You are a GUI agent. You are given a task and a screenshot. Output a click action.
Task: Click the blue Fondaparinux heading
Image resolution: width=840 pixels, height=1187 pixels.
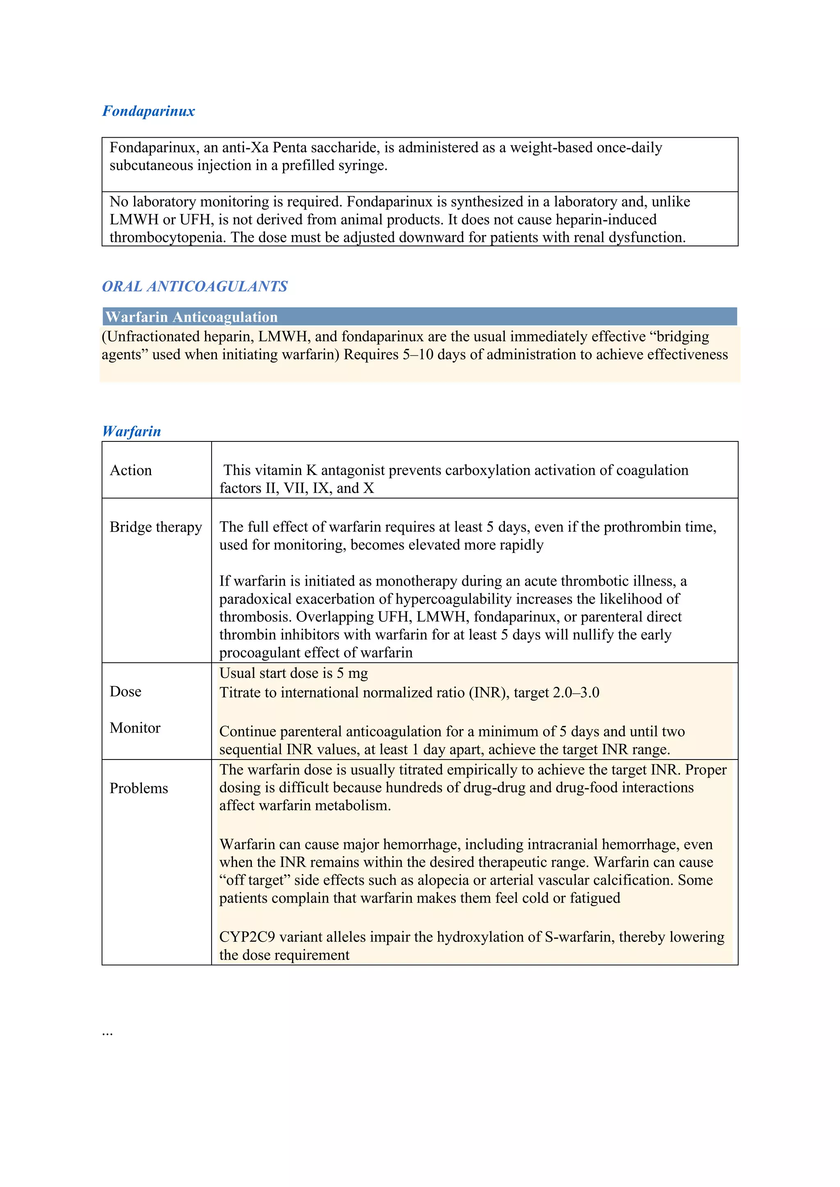tap(148, 111)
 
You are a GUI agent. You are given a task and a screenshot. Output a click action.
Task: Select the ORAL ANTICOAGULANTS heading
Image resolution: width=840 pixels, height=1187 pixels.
tap(194, 287)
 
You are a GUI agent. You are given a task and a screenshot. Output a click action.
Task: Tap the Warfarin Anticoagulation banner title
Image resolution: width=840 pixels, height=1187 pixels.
tap(192, 317)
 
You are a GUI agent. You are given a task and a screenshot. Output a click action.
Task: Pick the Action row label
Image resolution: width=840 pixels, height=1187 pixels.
tap(131, 471)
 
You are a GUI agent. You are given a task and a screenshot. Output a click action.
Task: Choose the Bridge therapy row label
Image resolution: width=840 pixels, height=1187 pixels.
tap(156, 527)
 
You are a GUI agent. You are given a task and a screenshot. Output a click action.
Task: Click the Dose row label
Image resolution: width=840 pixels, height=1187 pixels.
tap(125, 692)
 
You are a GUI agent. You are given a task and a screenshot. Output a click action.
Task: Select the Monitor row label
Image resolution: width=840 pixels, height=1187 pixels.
tap(135, 728)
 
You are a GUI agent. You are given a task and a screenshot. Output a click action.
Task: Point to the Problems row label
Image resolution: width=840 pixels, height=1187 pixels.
tap(139, 789)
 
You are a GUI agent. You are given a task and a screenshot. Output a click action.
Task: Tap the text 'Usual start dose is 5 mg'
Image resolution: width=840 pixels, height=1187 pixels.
tap(293, 673)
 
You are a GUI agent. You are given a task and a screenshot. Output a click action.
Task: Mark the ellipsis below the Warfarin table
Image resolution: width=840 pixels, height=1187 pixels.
tap(107, 1033)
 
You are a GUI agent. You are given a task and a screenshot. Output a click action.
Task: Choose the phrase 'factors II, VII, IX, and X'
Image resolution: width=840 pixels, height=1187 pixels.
tap(297, 488)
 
